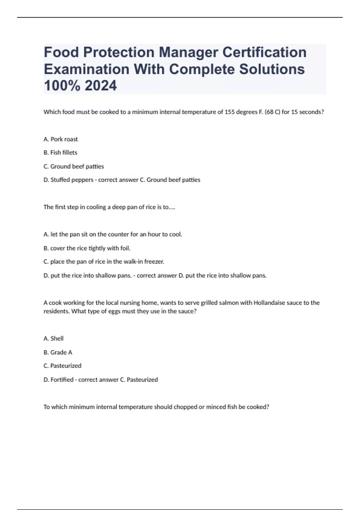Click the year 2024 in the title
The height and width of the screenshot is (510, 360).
tap(101, 85)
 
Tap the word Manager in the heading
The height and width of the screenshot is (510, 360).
tap(188, 52)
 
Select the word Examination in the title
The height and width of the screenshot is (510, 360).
tap(86, 69)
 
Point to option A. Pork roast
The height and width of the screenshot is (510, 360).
tap(61, 139)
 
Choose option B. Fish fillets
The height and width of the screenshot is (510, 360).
tap(60, 153)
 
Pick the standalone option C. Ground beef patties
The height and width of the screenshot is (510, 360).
tap(74, 166)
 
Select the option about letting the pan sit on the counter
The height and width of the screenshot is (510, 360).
tap(113, 234)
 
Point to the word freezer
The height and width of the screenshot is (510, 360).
tap(154, 262)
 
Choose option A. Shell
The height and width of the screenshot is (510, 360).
tap(54, 338)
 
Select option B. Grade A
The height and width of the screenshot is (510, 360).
tap(58, 352)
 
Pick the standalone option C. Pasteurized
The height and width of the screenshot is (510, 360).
tap(62, 366)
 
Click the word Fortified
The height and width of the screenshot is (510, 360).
tap(62, 379)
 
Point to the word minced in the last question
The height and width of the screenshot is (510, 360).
tap(214, 407)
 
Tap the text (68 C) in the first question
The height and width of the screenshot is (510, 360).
tap(272, 112)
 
